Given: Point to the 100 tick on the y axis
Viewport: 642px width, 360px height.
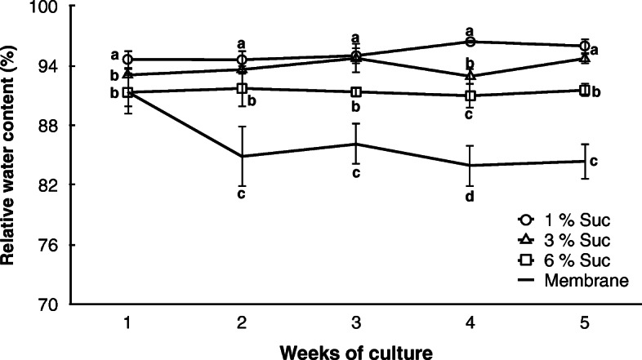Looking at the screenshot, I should tap(51, 7).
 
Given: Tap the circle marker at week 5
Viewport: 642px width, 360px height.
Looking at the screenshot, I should tap(584, 46).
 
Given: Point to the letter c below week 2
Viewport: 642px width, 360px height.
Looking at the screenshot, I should tap(242, 193).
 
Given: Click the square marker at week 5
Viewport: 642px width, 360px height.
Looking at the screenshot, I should tap(584, 90).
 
